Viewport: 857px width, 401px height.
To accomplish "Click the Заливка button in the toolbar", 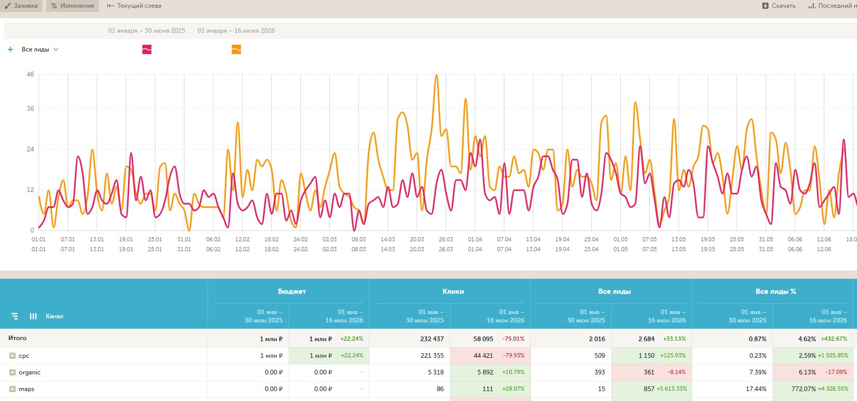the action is (x=21, y=6).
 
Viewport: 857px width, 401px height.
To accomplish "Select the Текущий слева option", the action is (x=134, y=6).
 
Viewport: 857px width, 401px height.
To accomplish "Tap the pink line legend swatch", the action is (x=147, y=49).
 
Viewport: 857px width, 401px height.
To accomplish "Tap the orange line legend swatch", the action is (x=236, y=49).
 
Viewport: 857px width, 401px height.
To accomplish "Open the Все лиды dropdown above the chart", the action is (x=40, y=49).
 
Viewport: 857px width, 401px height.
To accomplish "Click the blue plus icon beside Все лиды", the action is (x=10, y=49).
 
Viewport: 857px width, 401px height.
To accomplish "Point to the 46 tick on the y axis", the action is (x=30, y=74).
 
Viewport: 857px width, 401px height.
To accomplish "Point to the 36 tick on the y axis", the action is (x=30, y=109).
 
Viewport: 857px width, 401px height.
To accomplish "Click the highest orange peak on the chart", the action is (x=437, y=75).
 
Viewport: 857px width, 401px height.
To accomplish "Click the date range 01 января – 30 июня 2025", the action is (x=147, y=31).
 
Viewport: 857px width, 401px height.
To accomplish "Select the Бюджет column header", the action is (x=292, y=291).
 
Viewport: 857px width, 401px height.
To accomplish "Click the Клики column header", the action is (x=453, y=291).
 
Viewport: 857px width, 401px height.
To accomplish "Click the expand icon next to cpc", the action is (x=12, y=356).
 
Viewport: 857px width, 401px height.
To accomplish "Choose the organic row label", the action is (x=30, y=372).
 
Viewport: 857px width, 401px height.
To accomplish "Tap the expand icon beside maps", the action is (x=12, y=389).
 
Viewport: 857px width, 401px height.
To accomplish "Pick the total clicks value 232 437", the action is (x=432, y=339).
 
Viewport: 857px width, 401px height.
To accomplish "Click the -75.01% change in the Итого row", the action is (x=514, y=339).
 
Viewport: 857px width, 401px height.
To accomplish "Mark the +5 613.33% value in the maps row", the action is (x=671, y=389).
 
